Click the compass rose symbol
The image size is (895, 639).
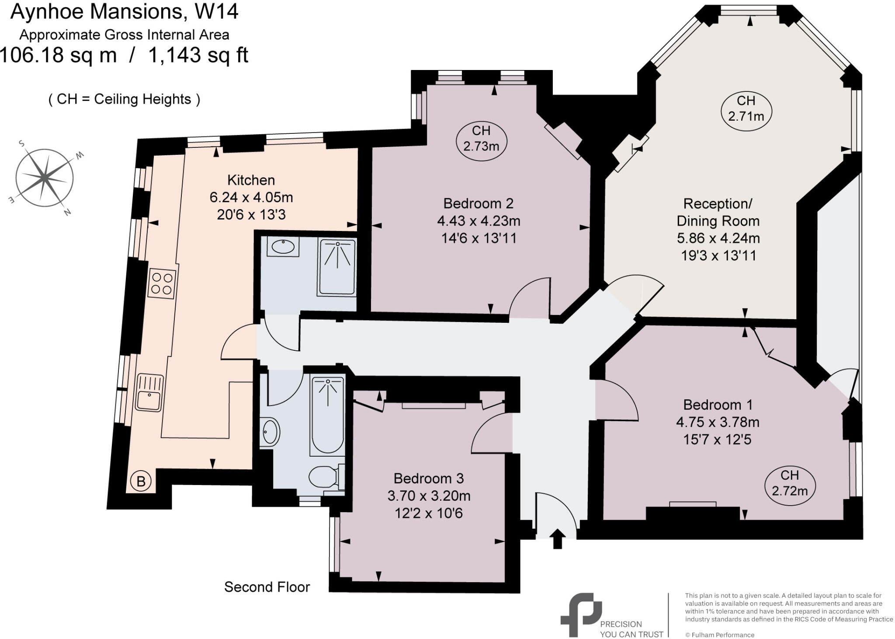[45, 178]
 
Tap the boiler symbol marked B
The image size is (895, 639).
[141, 482]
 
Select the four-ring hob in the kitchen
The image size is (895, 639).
[162, 283]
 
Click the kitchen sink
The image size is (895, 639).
[149, 393]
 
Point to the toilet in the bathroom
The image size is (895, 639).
[324, 477]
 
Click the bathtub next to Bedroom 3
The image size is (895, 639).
[327, 416]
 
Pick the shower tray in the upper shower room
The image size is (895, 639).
[337, 267]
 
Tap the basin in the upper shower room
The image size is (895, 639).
[283, 247]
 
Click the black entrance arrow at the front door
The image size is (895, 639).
[558, 538]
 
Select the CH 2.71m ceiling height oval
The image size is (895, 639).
[746, 108]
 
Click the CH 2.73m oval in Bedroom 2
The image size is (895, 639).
[481, 138]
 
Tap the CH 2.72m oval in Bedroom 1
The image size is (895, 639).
[790, 483]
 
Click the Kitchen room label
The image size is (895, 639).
[251, 180]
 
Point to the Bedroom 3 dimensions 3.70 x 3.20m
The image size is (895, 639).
[429, 496]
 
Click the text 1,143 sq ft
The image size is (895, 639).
[198, 56]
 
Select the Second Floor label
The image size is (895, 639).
[267, 587]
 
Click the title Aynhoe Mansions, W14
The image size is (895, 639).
[124, 12]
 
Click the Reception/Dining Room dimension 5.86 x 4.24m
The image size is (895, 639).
[718, 238]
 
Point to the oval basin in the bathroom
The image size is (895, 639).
[271, 432]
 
